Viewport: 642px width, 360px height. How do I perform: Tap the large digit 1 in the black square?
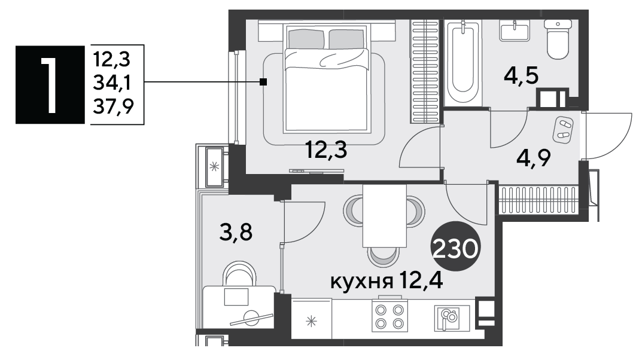pos(50,85)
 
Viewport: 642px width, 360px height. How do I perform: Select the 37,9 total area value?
pos(114,107)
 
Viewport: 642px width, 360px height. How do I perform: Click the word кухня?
pos(361,282)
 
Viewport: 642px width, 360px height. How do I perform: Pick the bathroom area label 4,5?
pos(521,76)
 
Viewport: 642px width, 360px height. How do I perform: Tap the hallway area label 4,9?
pos(534,158)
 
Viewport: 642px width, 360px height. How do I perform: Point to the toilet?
pos(558,39)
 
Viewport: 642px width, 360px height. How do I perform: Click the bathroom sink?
pos(515,30)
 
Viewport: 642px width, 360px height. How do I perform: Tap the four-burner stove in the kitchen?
pos(390,316)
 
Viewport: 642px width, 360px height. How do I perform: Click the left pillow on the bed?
pos(307,39)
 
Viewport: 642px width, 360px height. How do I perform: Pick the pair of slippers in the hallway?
pos(564,128)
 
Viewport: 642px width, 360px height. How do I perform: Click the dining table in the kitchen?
pos(385,216)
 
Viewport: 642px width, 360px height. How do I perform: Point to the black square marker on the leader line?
pos(263,83)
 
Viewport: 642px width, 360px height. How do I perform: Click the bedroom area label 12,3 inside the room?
pos(327,150)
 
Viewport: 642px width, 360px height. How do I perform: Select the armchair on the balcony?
pos(239,274)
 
